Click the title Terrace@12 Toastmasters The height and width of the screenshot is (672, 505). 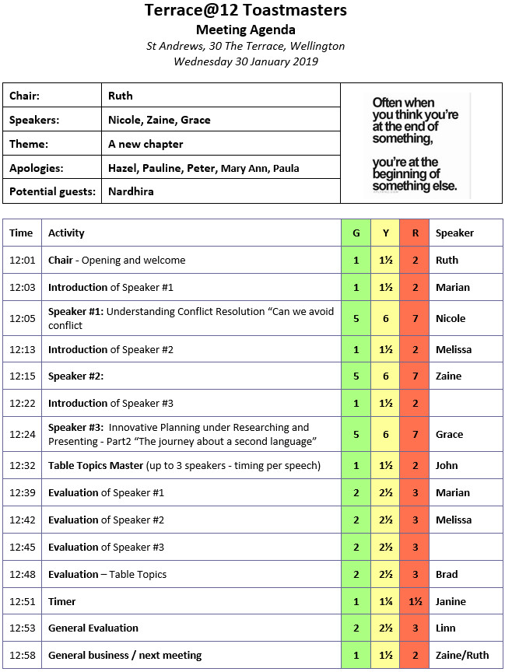[x=246, y=10]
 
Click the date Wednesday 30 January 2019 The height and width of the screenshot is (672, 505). [x=246, y=61]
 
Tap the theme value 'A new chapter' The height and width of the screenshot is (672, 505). [x=146, y=144]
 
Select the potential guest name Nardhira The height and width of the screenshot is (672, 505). [x=132, y=191]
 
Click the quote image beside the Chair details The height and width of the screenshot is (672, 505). [x=421, y=145]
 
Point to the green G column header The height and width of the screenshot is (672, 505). [x=356, y=233]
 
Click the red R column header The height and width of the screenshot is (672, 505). [x=416, y=233]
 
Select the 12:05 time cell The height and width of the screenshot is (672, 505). [x=21, y=318]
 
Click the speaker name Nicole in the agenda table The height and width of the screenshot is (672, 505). [x=451, y=318]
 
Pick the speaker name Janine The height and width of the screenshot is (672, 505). [x=451, y=601]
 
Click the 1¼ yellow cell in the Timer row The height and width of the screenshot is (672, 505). [x=385, y=601]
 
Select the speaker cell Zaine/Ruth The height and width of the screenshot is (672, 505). [x=459, y=655]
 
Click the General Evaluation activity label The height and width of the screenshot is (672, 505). [x=93, y=628]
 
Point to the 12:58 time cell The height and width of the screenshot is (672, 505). [x=21, y=655]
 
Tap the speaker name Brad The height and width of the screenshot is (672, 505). [x=447, y=574]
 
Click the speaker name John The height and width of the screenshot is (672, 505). [x=447, y=466]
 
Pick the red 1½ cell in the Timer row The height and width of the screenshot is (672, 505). [x=416, y=601]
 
